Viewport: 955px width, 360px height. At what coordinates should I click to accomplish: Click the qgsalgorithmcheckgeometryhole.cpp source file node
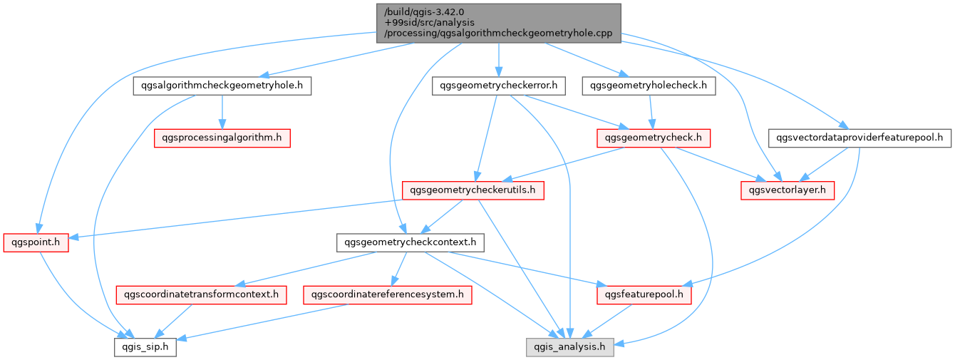[x=498, y=23]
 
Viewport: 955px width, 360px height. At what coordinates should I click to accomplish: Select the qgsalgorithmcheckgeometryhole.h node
[x=222, y=86]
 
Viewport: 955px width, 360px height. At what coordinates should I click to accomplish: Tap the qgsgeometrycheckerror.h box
[x=498, y=86]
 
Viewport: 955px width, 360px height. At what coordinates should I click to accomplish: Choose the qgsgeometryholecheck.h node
[x=649, y=86]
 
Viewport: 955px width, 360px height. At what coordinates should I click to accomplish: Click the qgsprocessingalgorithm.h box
[x=222, y=138]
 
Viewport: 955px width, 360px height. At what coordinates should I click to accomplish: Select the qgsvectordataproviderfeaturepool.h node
[x=859, y=138]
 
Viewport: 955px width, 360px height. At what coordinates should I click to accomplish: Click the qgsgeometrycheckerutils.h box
[x=473, y=190]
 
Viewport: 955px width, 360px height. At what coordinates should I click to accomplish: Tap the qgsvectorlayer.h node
[x=788, y=190]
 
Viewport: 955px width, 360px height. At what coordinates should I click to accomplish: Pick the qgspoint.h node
[x=36, y=242]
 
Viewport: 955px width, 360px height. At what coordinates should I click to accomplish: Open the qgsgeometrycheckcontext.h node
[x=410, y=242]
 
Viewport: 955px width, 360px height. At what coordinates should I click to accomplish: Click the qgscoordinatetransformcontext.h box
[x=201, y=294]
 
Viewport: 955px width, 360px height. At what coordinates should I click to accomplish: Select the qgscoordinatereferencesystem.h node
[x=388, y=294]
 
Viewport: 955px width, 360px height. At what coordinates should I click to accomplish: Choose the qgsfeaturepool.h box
[x=644, y=294]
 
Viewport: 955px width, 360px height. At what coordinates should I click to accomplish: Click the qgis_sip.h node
[x=145, y=347]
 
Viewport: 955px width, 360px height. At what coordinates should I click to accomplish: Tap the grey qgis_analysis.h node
[x=569, y=347]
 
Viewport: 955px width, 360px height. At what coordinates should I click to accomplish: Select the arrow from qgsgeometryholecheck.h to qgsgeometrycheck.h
[x=651, y=112]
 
